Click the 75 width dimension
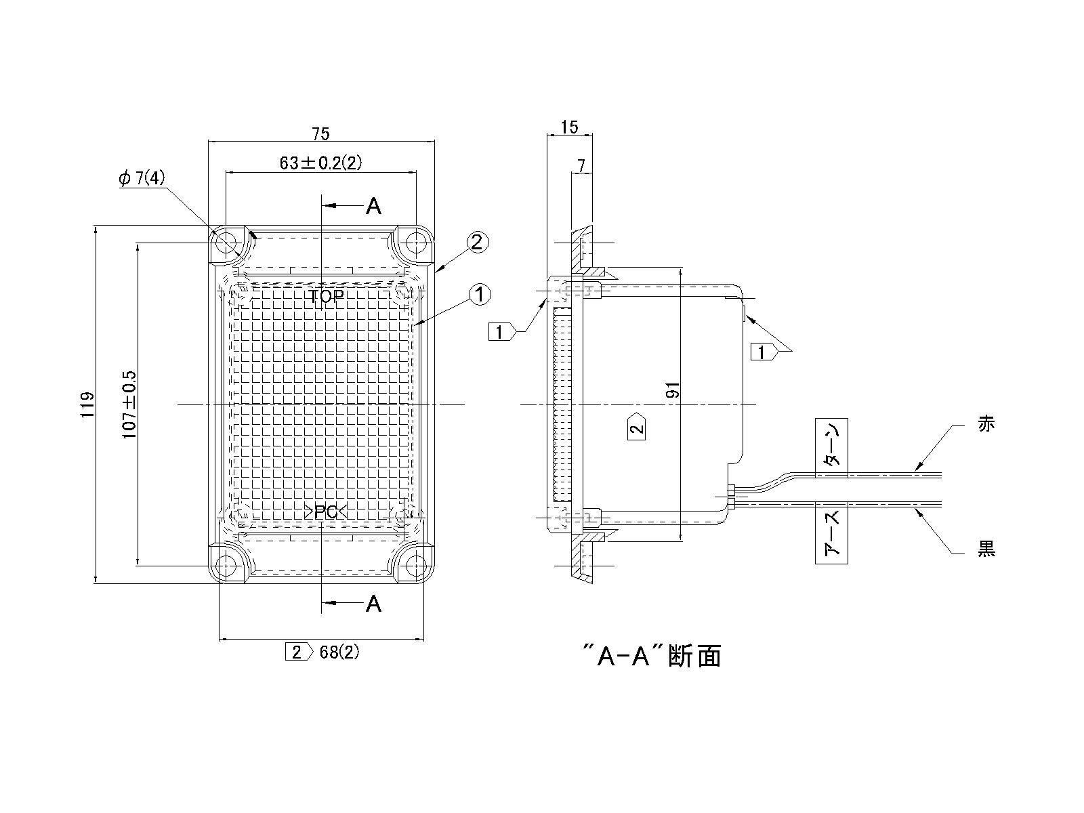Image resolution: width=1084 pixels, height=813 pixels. click(321, 134)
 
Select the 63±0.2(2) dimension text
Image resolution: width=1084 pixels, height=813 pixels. click(321, 163)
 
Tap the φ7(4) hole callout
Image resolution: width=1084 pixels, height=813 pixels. click(142, 178)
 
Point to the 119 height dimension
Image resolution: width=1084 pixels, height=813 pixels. click(87, 404)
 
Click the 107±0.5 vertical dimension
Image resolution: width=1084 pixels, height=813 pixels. click(129, 404)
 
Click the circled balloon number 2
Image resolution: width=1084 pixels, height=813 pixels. click(477, 242)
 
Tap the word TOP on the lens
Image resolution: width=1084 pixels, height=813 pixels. click(327, 296)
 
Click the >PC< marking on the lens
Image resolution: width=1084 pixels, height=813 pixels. click(326, 512)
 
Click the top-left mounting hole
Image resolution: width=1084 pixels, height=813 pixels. click(227, 241)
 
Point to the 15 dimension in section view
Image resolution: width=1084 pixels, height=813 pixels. click(570, 127)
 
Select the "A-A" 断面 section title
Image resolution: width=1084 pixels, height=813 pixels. click(652, 656)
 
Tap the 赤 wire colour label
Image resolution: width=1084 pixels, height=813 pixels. click(986, 425)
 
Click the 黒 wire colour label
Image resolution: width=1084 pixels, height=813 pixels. click(986, 549)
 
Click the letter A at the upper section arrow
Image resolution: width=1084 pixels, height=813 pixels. click(373, 206)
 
